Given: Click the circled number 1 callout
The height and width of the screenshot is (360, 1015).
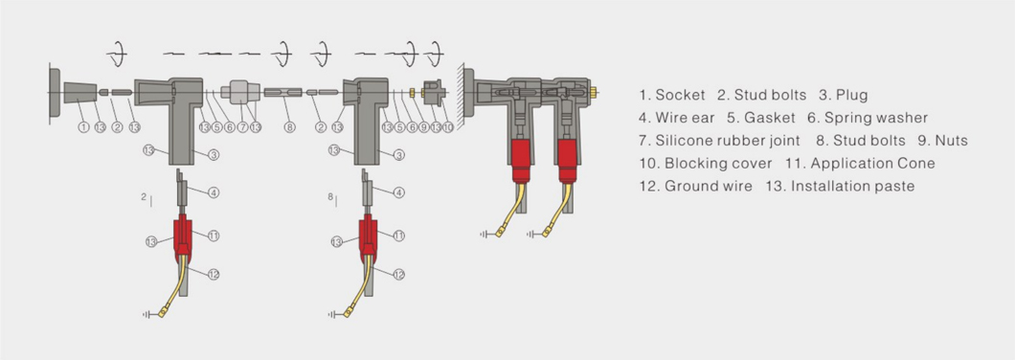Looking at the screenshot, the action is click(83, 127).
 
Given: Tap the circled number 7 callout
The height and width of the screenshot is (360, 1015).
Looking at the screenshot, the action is click(243, 127).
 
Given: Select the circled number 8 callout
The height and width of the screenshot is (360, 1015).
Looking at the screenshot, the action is click(289, 127).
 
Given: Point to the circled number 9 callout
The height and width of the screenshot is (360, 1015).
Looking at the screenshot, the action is click(424, 127).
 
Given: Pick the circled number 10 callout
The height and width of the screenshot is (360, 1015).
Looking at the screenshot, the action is click(448, 127).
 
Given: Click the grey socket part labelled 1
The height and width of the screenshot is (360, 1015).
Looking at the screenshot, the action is click(80, 93).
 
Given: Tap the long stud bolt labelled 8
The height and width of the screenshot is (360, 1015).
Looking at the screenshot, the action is click(282, 93).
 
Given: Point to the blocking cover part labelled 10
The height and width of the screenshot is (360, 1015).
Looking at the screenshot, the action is click(434, 92).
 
